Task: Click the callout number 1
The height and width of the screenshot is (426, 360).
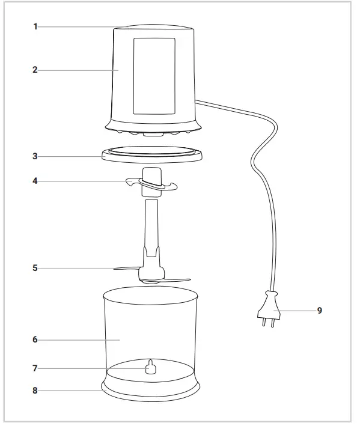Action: [x=35, y=27]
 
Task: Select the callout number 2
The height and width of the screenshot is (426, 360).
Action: [x=35, y=70]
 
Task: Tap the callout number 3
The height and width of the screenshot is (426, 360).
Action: [x=35, y=156]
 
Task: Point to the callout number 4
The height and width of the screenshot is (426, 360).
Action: [x=35, y=181]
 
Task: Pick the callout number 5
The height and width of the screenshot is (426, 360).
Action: [x=35, y=268]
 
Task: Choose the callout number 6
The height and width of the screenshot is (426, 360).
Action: [x=35, y=339]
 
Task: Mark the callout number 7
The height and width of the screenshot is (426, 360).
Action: [x=35, y=368]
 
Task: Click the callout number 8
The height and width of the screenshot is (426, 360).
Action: [x=35, y=390]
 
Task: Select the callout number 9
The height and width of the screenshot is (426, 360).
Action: [x=320, y=311]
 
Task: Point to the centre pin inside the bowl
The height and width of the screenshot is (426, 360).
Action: [x=150, y=367]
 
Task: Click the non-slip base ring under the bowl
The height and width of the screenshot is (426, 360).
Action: [x=150, y=394]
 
